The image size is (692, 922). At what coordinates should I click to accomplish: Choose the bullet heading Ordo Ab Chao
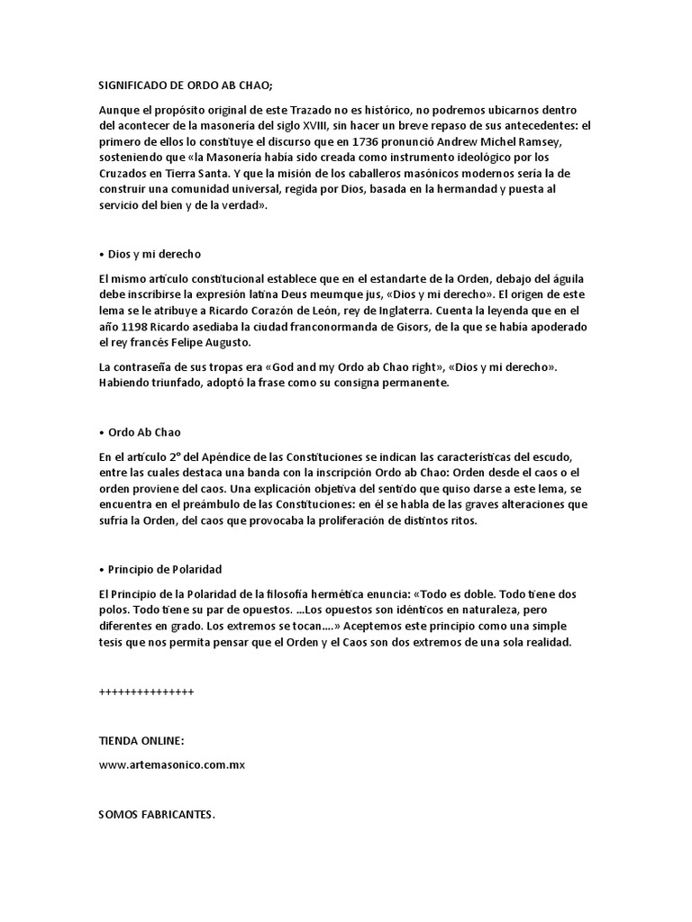[144, 431]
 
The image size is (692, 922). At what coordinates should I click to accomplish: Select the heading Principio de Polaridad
[164, 569]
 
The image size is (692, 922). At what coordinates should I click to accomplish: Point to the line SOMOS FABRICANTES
[157, 814]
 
